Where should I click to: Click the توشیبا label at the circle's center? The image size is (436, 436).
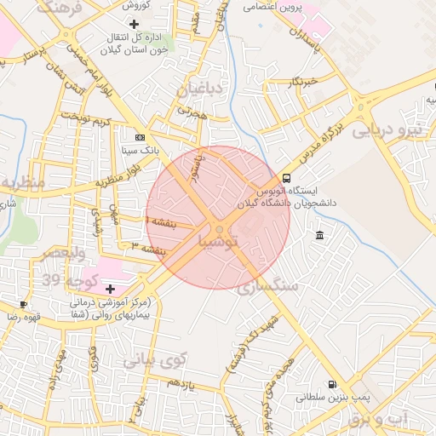[x=224, y=243]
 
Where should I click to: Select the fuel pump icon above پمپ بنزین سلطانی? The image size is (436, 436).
[x=331, y=383]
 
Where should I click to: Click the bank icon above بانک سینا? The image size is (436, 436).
[x=140, y=136]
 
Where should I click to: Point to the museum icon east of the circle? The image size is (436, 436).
[x=318, y=235]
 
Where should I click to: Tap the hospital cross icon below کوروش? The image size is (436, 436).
[x=134, y=23]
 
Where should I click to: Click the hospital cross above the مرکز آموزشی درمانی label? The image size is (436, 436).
[x=110, y=290]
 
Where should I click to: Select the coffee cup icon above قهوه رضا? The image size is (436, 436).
[x=23, y=304]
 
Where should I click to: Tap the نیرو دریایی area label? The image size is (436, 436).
[x=387, y=131]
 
